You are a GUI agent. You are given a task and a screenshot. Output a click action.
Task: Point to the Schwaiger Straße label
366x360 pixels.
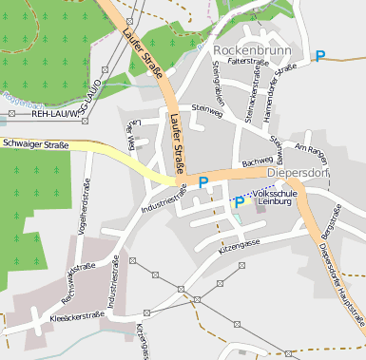coord(35,145)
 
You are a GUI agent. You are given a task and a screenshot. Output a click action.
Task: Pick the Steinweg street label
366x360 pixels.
coord(206,109)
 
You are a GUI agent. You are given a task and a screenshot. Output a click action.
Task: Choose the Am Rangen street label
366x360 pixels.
coord(311,149)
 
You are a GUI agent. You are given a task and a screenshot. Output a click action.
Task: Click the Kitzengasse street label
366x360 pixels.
coord(239,245)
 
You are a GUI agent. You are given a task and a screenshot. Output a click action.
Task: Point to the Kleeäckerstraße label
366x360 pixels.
coord(75,314)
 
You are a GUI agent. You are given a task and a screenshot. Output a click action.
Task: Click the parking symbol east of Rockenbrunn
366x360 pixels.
coord(320,56)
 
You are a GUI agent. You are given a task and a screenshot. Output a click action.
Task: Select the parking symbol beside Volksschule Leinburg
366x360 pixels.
coord(240,202)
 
